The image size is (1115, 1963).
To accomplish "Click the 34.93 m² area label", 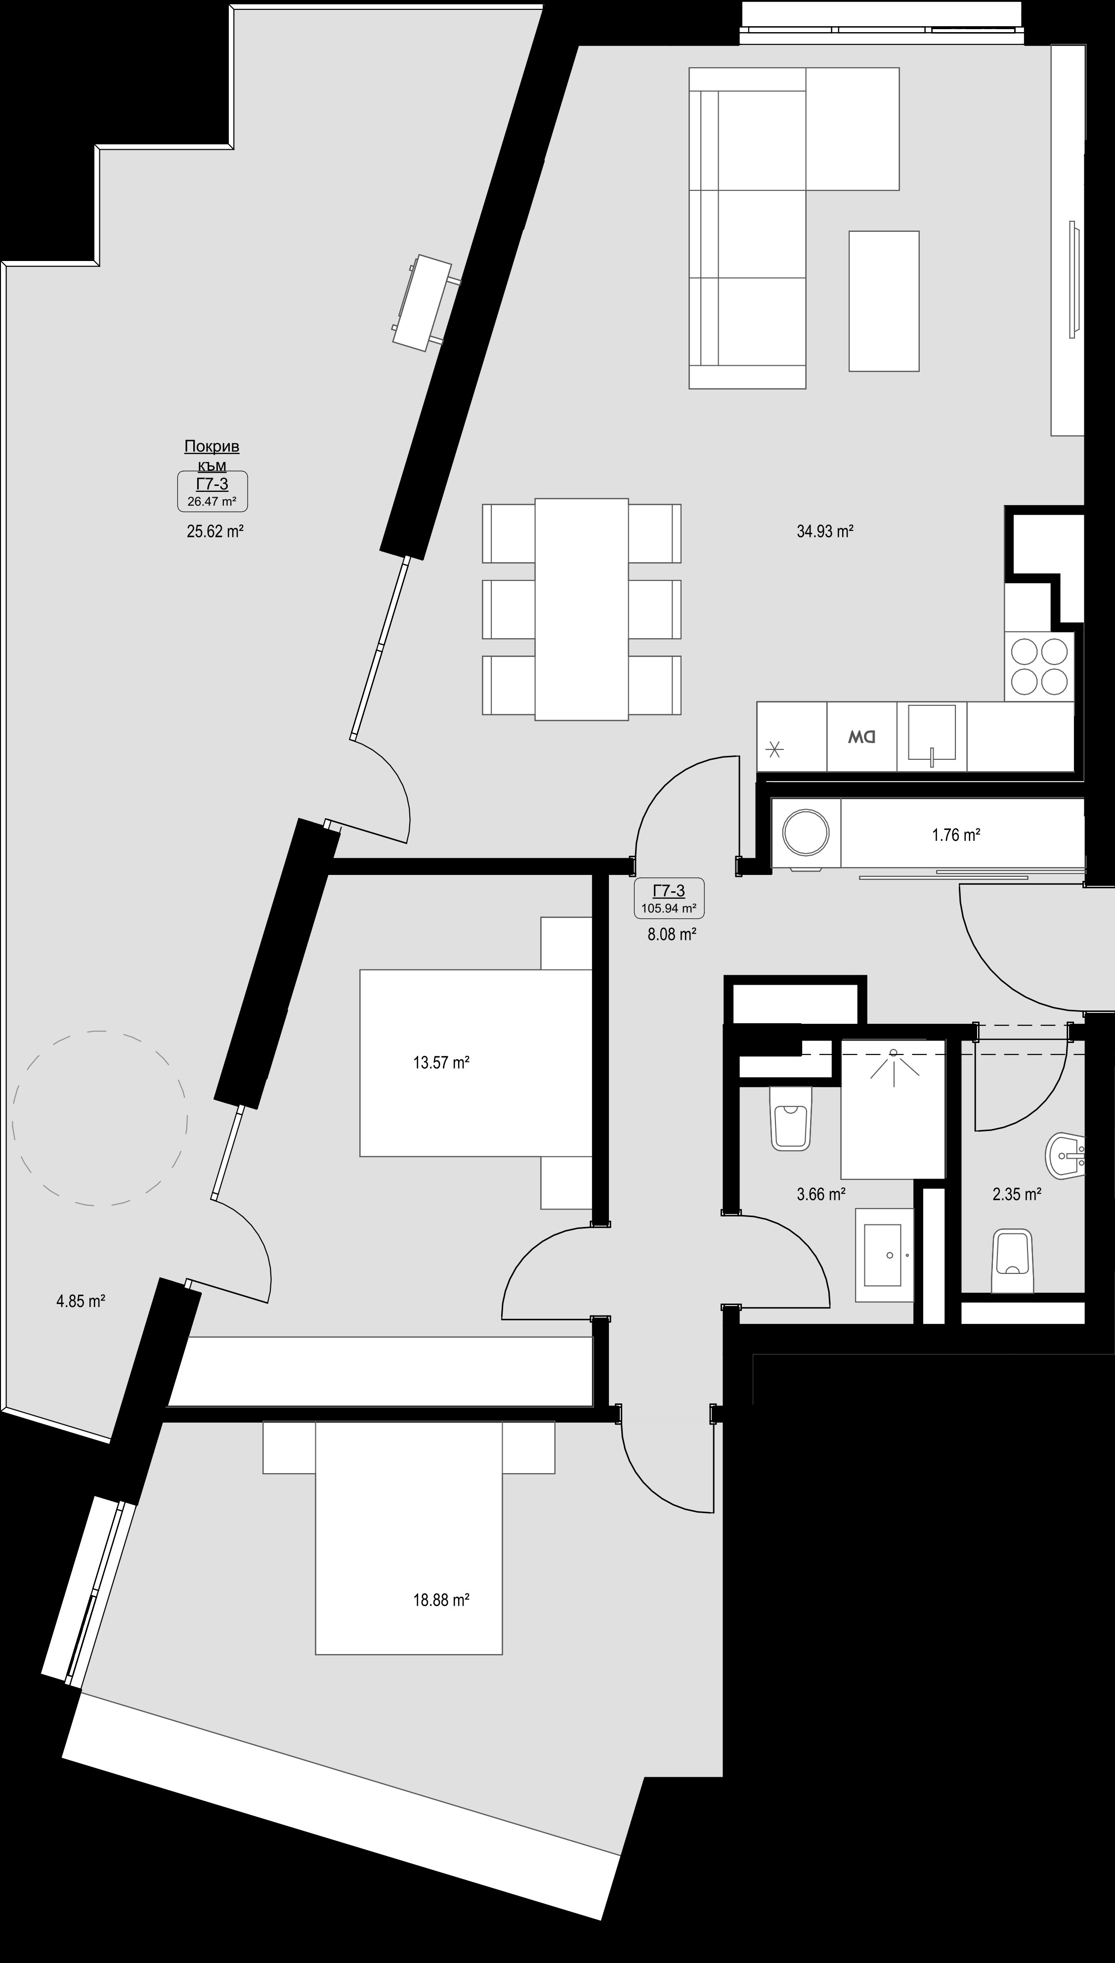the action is pos(825,531).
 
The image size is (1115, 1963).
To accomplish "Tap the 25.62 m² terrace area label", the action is pos(215,531).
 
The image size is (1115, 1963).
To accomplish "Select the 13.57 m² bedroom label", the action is pos(441,1062).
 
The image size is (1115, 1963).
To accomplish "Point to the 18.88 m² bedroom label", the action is pos(441,1600).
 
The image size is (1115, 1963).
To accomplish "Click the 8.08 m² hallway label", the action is pos(672,934).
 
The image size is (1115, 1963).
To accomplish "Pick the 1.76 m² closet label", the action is pos(956,835).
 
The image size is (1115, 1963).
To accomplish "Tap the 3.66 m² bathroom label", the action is pos(821,1193).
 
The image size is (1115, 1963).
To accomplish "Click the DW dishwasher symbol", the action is pos(861,737).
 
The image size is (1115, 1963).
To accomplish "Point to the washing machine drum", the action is pos(807,833).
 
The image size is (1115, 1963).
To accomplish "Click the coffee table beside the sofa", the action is pos(884,301).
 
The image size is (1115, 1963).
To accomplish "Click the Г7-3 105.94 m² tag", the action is pos(669,898).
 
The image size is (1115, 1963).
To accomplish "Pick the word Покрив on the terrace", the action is pos(212,446).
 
